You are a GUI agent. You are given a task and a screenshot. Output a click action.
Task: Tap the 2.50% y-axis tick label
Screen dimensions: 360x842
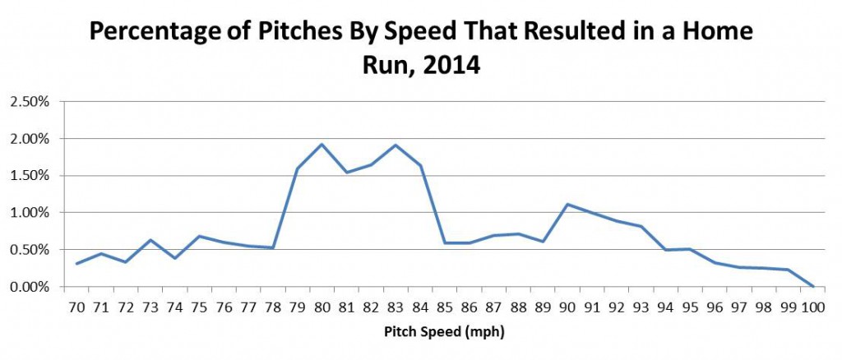point(30,102)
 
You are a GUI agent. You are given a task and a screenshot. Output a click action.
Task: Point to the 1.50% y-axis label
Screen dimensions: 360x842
point(30,176)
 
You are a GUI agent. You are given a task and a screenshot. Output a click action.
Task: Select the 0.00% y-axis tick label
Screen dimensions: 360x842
point(30,287)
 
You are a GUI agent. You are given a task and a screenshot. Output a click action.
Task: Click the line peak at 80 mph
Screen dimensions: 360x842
point(322,145)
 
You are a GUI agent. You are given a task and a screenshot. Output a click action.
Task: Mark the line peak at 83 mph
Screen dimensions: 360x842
point(396,145)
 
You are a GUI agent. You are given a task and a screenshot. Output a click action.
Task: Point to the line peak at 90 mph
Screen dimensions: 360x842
point(568,204)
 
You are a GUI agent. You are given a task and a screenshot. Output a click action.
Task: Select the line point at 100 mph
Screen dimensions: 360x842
point(813,286)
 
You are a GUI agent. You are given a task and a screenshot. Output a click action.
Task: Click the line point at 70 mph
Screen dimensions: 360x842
point(76,264)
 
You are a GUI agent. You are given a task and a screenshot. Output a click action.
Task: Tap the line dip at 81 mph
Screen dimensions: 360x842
point(346,173)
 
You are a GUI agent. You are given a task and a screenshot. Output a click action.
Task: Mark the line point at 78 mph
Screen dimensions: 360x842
point(272,248)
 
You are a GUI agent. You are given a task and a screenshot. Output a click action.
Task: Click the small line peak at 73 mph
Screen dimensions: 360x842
point(150,240)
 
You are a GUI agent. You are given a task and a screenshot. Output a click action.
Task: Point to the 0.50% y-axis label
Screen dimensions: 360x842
point(30,250)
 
